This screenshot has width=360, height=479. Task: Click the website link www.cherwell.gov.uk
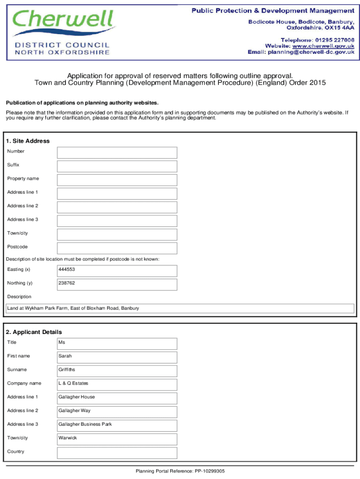[323, 46]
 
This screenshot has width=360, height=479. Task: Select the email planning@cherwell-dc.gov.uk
[310, 52]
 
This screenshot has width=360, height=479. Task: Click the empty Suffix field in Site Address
[117, 166]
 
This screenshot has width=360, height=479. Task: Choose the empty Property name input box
[117, 180]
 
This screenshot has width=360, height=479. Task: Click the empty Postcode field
[117, 248]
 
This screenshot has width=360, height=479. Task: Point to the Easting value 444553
[67, 270]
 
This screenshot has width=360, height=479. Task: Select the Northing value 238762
[67, 283]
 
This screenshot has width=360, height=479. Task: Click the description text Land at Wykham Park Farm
[73, 309]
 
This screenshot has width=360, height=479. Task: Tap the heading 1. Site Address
[28, 141]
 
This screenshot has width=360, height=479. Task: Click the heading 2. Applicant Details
[34, 332]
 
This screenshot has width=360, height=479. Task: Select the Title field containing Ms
[117, 343]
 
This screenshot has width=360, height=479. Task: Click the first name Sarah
[65, 356]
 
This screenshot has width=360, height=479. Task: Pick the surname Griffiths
[67, 370]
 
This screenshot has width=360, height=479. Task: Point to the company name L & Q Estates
[73, 384]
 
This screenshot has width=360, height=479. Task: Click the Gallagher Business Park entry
[85, 425]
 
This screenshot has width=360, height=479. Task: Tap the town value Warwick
[68, 438]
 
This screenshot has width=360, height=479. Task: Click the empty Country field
[117, 452]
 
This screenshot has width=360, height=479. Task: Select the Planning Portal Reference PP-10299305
[180, 472]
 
